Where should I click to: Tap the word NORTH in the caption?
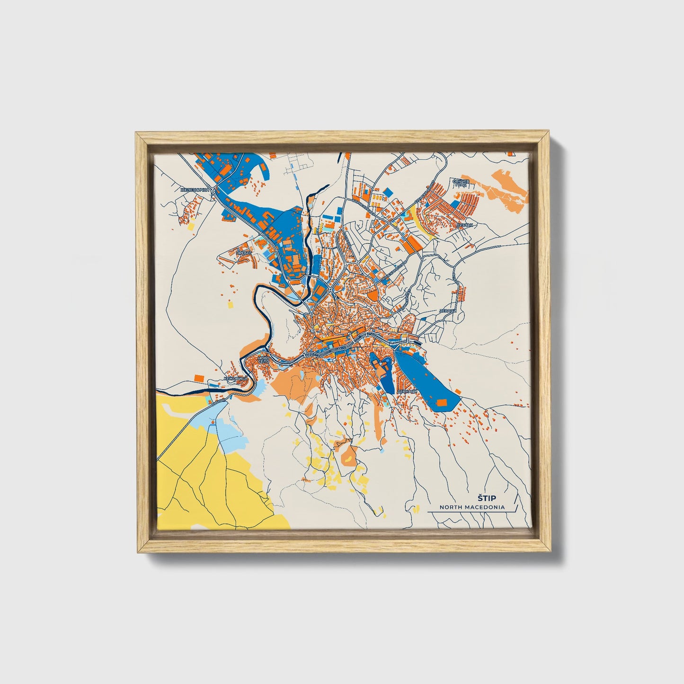450,507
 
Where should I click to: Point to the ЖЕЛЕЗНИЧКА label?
195,190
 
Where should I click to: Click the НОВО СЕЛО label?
263,360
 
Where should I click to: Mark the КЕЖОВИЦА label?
235,379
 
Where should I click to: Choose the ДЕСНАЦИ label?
408,391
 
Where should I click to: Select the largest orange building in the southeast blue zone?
442,402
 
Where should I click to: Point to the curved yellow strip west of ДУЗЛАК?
420,222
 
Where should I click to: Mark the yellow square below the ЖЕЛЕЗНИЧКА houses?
192,226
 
